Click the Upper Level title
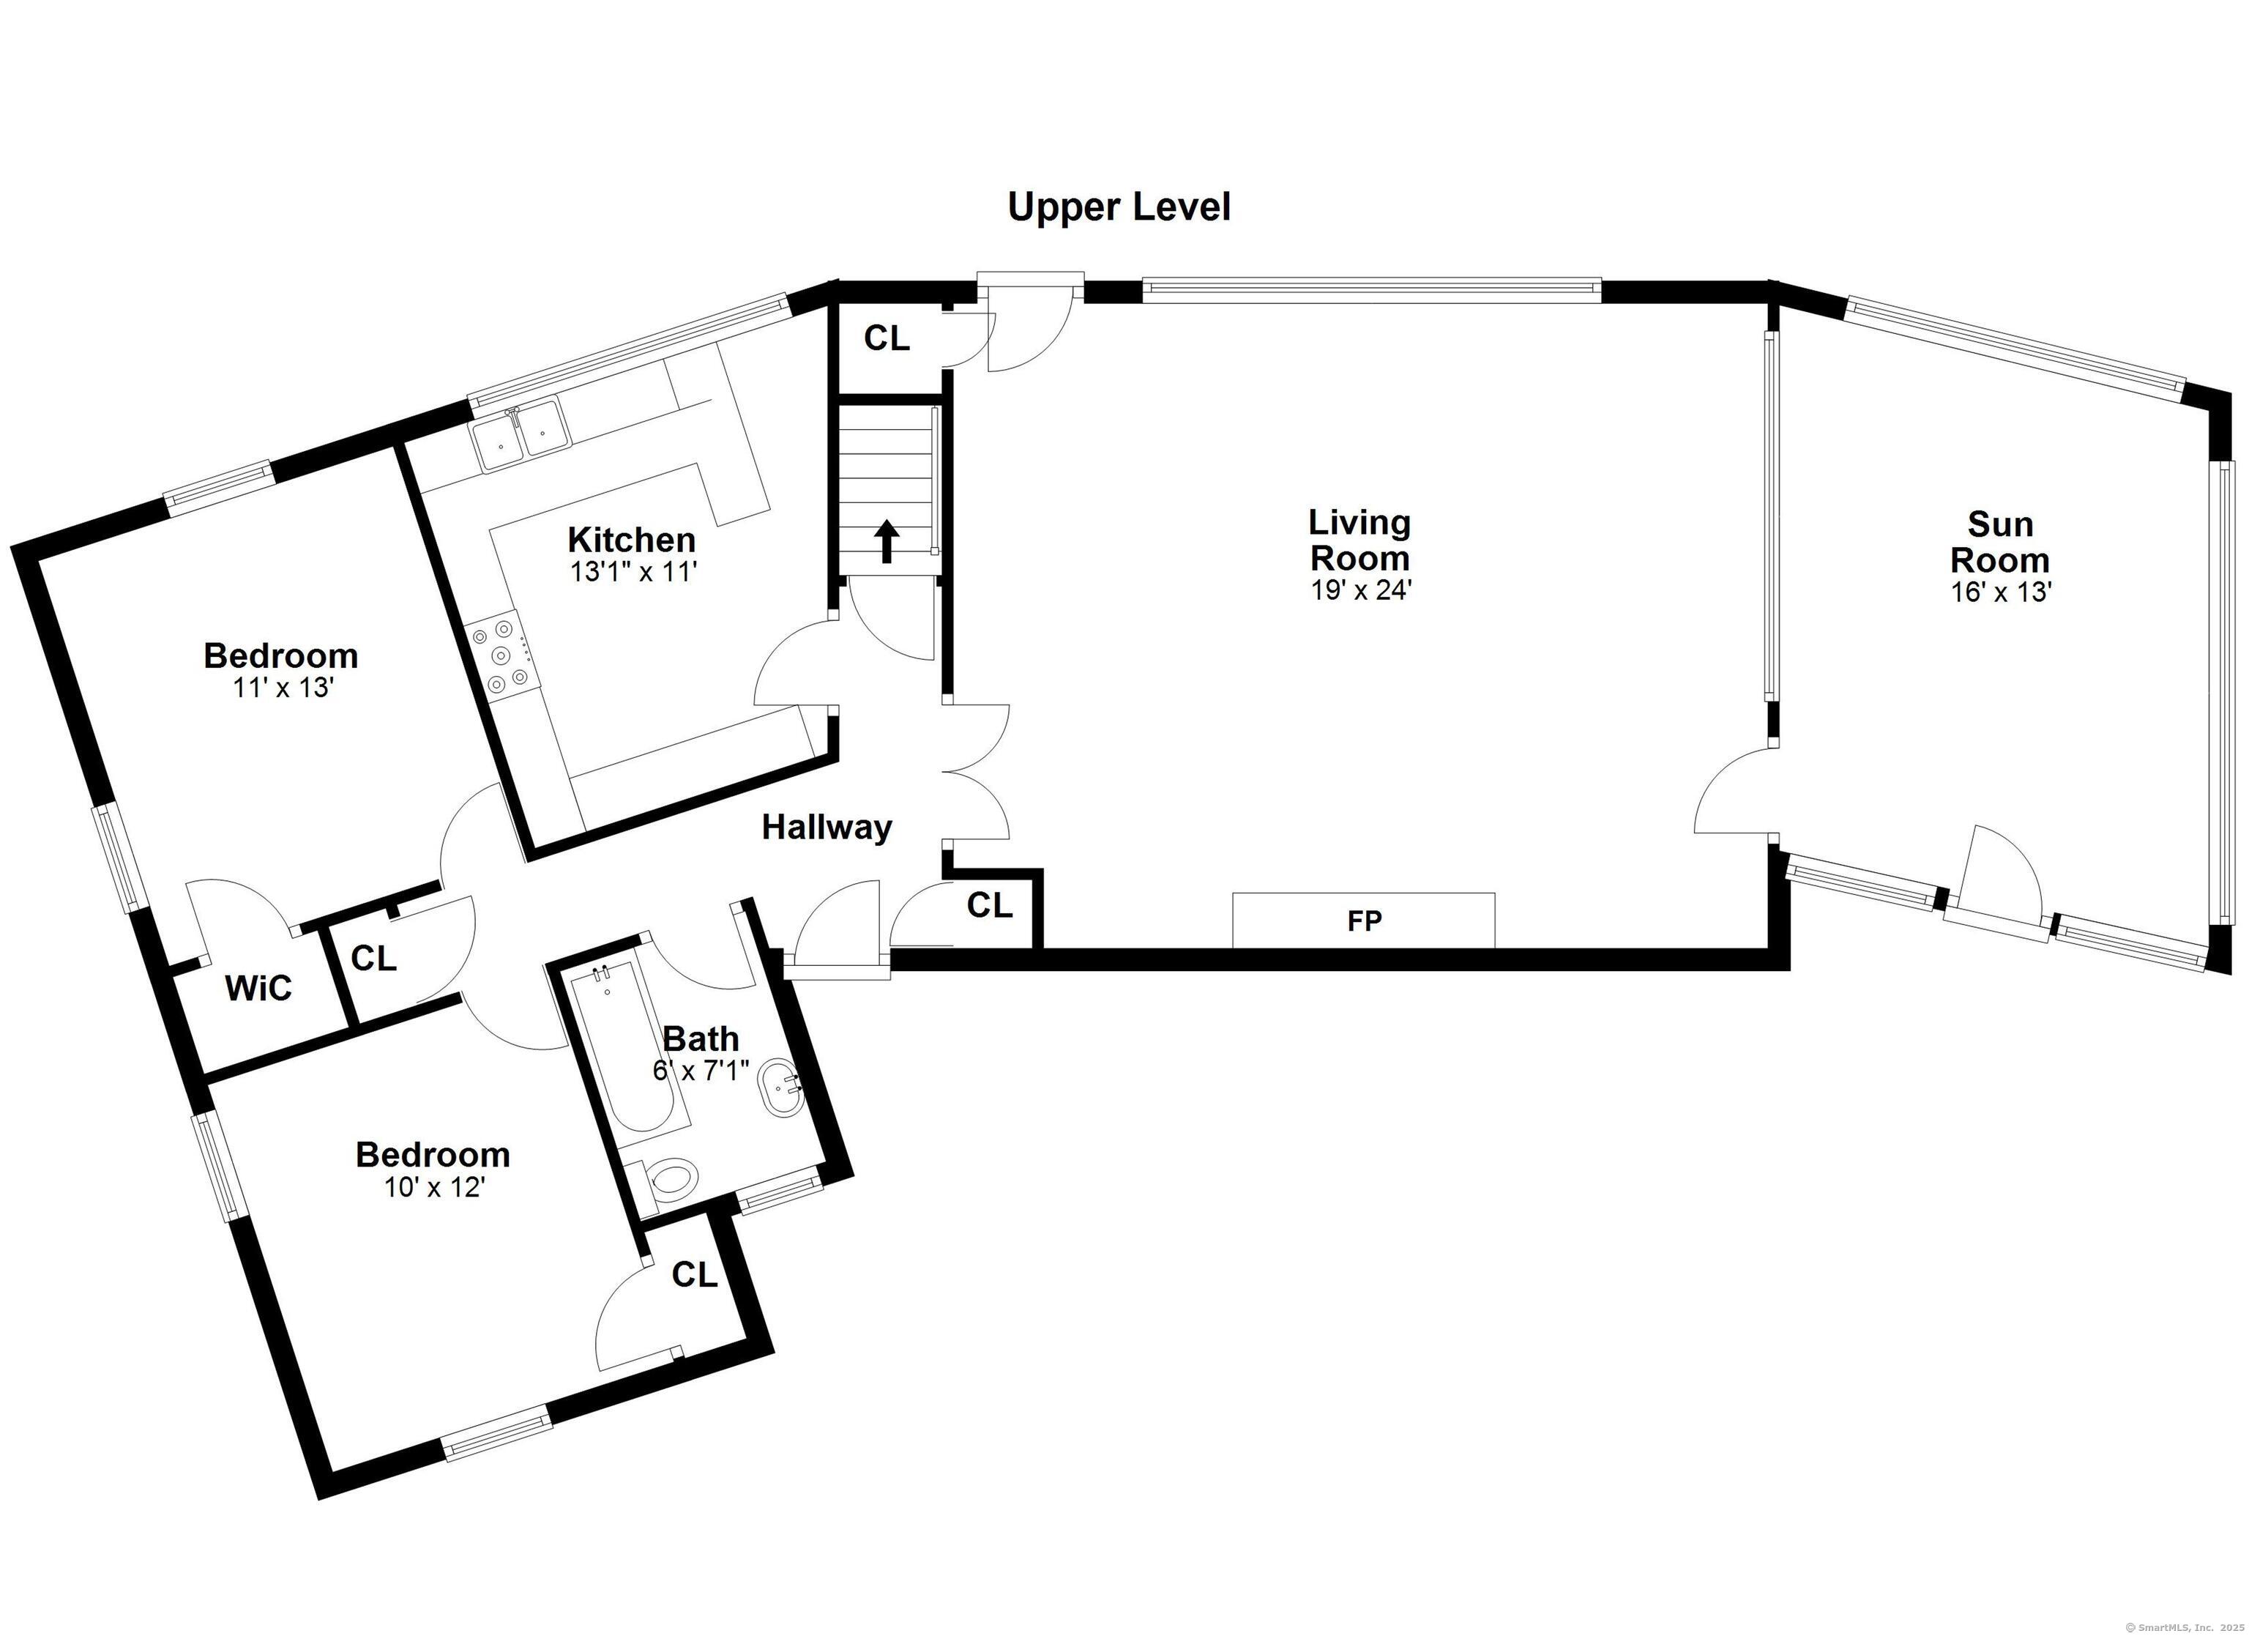tap(1119, 208)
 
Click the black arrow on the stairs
tap(887, 543)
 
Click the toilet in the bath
tap(669, 1182)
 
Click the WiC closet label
tap(259, 988)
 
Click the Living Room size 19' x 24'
tap(1360, 590)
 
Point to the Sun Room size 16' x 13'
tap(1999, 592)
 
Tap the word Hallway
tap(827, 828)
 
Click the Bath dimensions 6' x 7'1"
tap(701, 1071)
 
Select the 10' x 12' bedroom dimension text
tap(433, 1188)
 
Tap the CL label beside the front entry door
tap(887, 338)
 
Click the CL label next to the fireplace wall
tap(990, 905)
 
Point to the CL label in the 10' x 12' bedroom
tap(694, 1275)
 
